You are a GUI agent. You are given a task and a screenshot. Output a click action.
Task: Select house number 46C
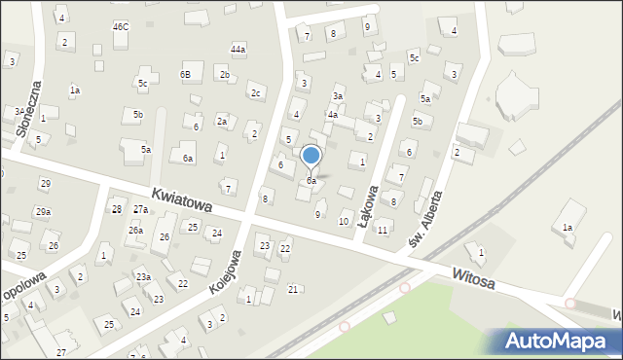[x=120, y=26]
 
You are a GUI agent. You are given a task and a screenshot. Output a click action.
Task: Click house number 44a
[x=238, y=49]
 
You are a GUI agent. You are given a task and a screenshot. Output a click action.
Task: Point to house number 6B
[x=185, y=74]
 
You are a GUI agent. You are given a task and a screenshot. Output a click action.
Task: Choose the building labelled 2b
[x=224, y=74]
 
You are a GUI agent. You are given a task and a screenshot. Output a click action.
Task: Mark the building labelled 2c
[x=256, y=92]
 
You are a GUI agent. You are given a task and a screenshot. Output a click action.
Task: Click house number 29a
[x=43, y=211]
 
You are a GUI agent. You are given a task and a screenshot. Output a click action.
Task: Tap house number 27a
[x=140, y=209]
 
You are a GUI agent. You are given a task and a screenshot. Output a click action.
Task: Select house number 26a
[x=135, y=230]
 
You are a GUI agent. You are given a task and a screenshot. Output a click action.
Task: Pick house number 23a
[x=143, y=277]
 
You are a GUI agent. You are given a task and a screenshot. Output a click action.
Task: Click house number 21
[x=293, y=289]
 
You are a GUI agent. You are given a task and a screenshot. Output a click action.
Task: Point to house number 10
[x=343, y=222]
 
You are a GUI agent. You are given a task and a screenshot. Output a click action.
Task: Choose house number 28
[x=117, y=209]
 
